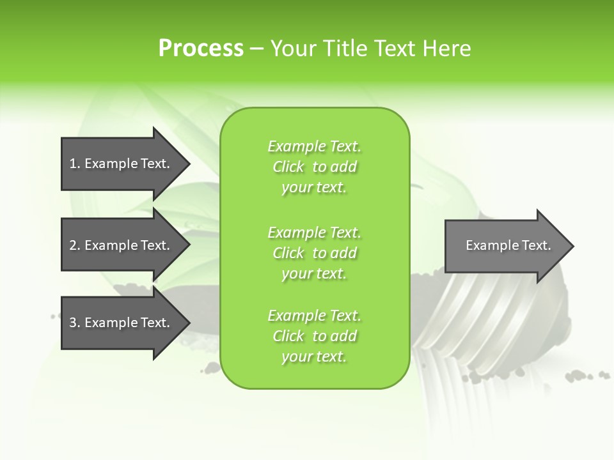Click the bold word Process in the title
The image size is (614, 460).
(201, 49)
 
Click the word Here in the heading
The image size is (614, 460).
(447, 49)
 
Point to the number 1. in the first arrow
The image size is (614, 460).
(75, 164)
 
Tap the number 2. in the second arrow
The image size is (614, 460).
(75, 245)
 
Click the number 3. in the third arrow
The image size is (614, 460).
(75, 323)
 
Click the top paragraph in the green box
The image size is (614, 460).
(315, 167)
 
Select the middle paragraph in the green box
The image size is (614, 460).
(315, 253)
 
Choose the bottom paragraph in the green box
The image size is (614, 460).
(315, 336)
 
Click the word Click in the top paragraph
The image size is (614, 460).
(288, 167)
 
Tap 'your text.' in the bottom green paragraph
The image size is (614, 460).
(314, 357)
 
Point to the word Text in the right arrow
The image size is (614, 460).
(537, 245)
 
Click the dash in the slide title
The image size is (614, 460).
(256, 49)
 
